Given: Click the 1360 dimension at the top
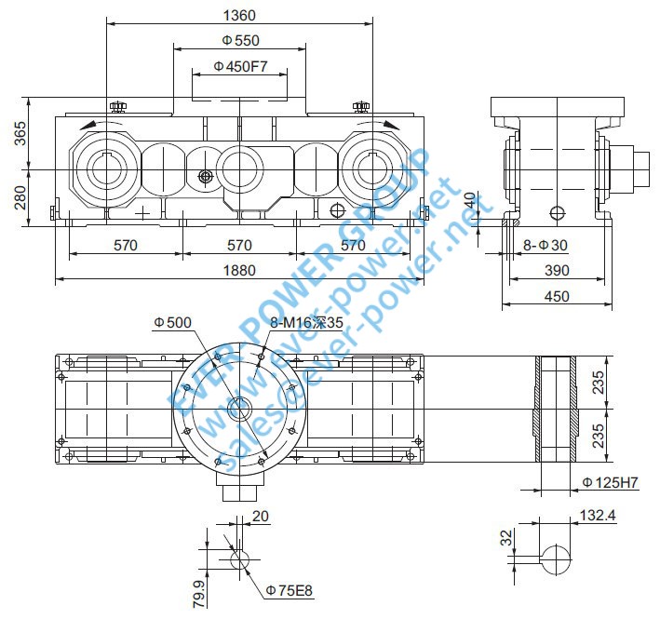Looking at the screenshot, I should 240,15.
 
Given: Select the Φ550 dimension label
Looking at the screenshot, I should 240,41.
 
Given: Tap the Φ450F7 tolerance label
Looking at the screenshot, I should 240,66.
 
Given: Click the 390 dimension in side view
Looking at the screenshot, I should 557,270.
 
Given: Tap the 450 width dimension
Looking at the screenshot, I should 557,296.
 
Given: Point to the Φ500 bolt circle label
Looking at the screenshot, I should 172,322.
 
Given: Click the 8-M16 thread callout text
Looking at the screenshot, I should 306,322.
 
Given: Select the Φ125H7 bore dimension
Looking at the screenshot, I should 610,482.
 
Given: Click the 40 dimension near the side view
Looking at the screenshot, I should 470,201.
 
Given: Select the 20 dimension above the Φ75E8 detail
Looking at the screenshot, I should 259,515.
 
